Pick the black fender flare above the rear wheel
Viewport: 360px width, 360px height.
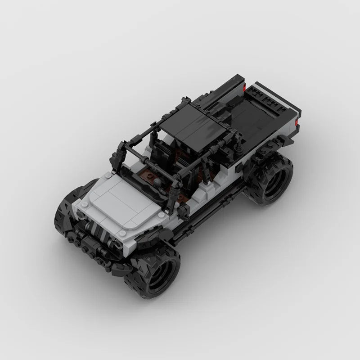[265, 151]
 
